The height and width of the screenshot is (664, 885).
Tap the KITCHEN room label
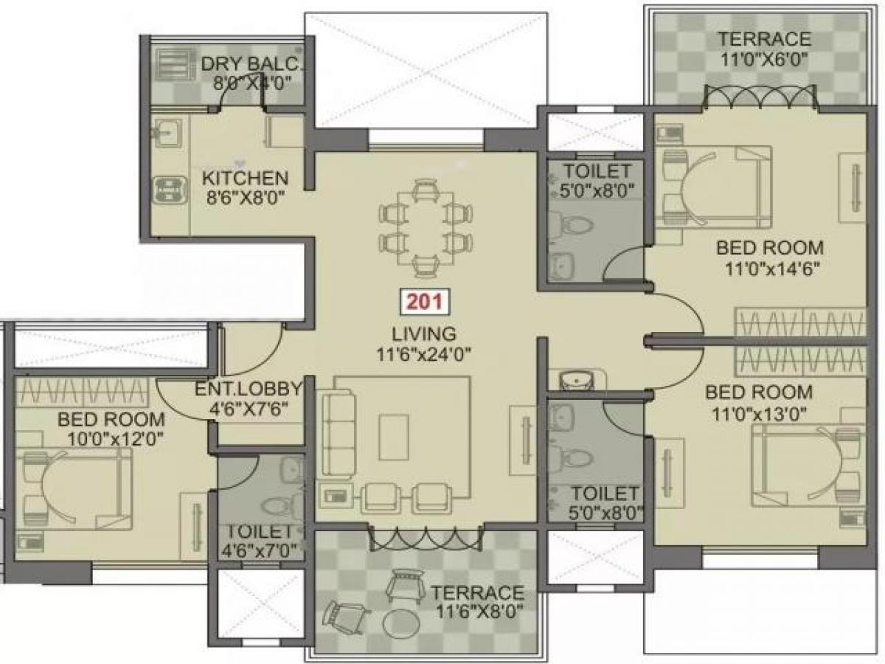coord(245,178)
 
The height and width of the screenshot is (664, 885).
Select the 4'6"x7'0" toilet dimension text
coord(260,550)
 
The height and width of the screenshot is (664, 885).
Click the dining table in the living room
coord(423,228)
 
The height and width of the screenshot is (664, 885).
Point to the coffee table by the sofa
coord(394,436)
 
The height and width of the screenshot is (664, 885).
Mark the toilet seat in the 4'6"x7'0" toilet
coord(279,505)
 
